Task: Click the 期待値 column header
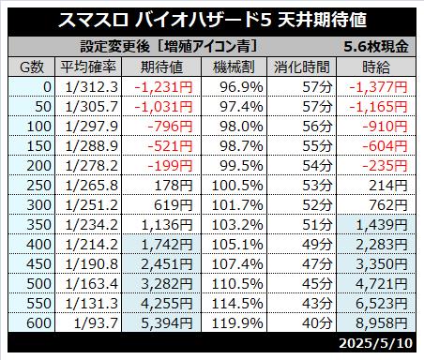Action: (161, 67)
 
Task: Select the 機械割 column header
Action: (234, 67)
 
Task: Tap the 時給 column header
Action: (376, 67)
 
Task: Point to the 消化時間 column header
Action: (302, 67)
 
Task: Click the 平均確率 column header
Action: (88, 67)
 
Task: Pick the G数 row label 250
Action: (38, 186)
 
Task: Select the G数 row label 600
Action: (38, 323)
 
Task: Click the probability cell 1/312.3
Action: (92, 87)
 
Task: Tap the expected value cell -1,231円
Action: (163, 87)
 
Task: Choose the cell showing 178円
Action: (174, 186)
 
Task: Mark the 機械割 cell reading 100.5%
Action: (237, 186)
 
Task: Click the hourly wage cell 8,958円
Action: (382, 323)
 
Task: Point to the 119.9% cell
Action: (237, 323)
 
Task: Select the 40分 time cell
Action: (317, 323)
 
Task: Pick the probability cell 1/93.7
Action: (96, 323)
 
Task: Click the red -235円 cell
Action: (385, 166)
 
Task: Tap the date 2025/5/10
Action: (376, 343)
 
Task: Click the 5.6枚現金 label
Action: (376, 47)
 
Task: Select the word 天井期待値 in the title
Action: (322, 20)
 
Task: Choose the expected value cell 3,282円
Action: (167, 284)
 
